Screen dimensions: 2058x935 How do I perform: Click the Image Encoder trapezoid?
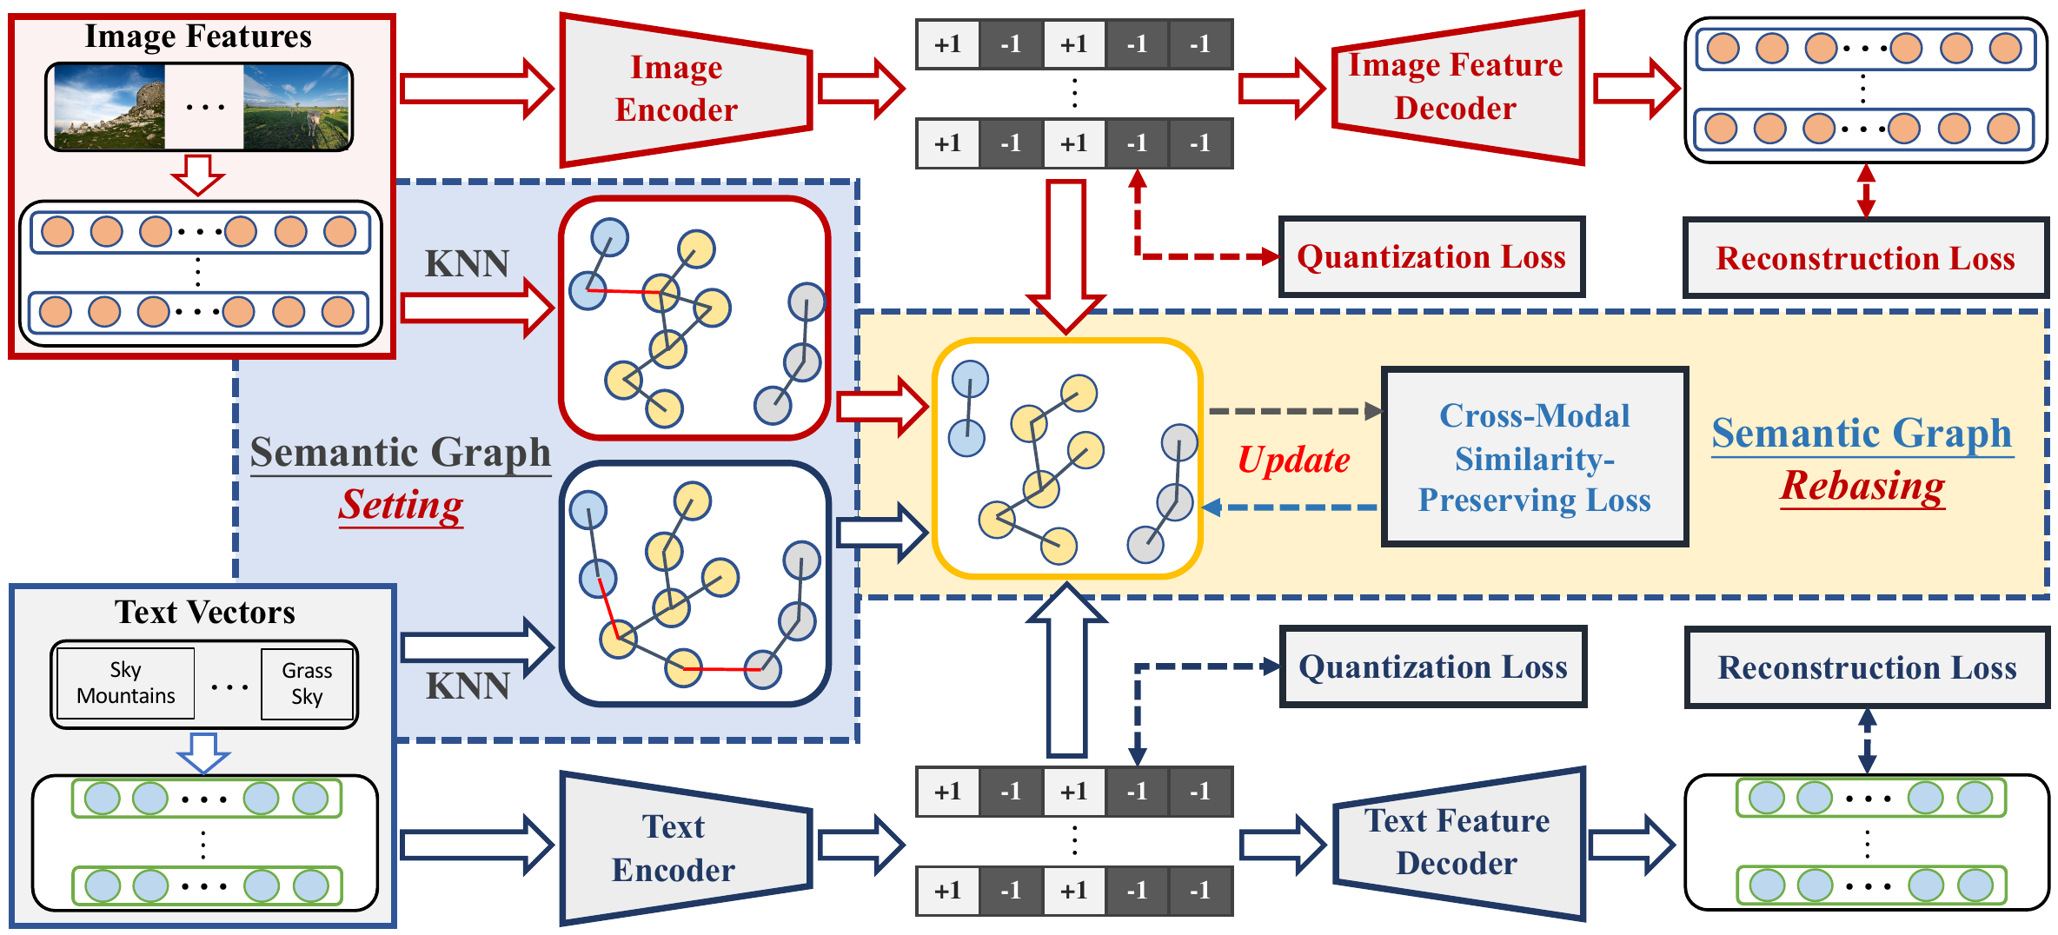[x=686, y=90]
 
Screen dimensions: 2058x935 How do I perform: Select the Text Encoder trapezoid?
[x=686, y=848]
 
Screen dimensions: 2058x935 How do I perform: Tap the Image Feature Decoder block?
[x=1458, y=88]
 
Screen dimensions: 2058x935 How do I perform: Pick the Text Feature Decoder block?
[x=1458, y=843]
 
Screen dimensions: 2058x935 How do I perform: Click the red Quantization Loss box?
[x=1431, y=257]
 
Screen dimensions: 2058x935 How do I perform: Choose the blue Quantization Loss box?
[x=1433, y=666]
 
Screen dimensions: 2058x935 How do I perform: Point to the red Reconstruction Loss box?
[x=1866, y=258]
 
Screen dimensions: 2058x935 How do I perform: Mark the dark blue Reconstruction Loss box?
[x=1867, y=667]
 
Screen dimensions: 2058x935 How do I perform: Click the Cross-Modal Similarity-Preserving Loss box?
[x=1535, y=457]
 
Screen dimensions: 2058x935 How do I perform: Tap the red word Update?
[x=1294, y=460]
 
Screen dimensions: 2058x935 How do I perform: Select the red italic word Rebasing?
[x=1862, y=486]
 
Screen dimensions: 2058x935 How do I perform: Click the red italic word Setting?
[x=401, y=505]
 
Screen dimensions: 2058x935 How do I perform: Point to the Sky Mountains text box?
[x=125, y=683]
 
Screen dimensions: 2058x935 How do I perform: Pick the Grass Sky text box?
[x=307, y=684]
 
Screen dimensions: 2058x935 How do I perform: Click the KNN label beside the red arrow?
[x=467, y=263]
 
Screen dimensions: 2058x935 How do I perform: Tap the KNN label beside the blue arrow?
[x=468, y=686]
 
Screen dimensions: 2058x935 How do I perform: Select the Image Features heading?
[x=198, y=36]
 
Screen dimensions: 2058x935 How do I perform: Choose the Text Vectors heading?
[x=205, y=613]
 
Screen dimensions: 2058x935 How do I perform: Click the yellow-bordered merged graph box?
[x=1067, y=458]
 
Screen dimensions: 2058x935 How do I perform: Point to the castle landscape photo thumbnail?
[x=110, y=107]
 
